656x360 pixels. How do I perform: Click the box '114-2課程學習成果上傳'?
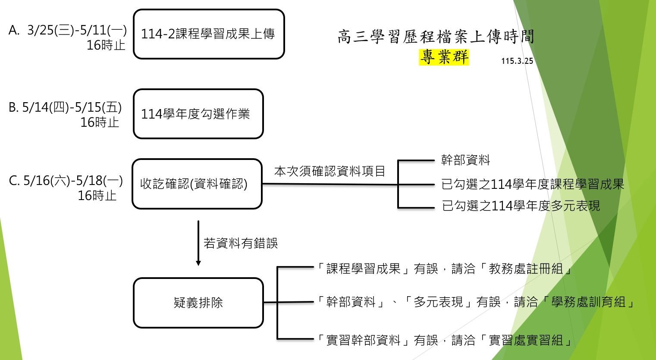(209, 34)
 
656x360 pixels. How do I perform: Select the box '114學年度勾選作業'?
(198, 114)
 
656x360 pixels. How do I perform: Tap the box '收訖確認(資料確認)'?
(197, 184)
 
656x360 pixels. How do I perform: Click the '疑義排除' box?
(198, 303)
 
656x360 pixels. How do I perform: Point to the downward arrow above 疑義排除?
(198, 243)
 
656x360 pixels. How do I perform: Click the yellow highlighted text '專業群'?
(444, 57)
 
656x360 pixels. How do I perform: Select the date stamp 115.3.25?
(517, 61)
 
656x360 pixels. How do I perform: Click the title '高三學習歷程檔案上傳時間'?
(436, 37)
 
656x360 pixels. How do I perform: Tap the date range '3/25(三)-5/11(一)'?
(77, 30)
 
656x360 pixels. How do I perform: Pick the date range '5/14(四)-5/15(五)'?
(72, 107)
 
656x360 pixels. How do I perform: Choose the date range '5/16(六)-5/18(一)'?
(72, 181)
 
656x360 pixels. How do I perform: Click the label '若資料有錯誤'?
(241, 244)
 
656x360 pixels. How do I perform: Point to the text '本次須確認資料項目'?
(330, 171)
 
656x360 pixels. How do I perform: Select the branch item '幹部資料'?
(465, 160)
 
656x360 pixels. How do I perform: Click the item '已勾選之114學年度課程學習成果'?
(533, 185)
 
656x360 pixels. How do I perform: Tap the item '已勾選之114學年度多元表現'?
(521, 206)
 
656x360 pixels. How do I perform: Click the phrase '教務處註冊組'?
(526, 269)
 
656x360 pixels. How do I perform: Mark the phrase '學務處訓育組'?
(588, 302)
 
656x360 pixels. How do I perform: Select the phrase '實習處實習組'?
(526, 341)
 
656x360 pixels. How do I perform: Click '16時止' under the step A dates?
(106, 45)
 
